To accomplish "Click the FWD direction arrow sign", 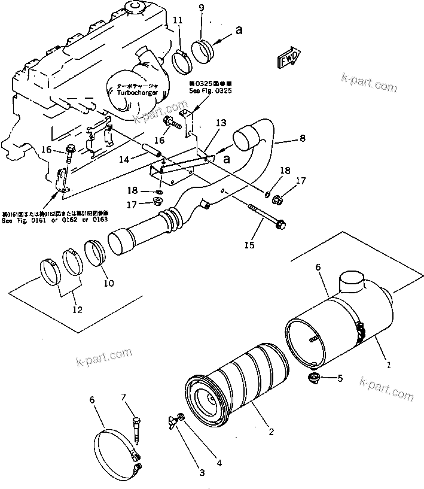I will [288, 58].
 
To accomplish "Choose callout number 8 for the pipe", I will [303, 139].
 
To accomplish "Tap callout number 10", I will [108, 283].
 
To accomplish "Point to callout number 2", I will [271, 430].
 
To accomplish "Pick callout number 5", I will [341, 378].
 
